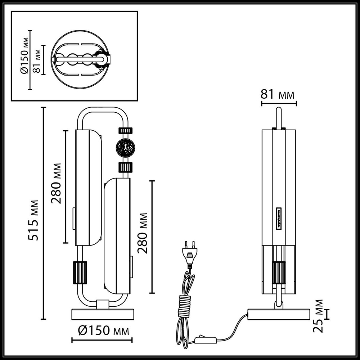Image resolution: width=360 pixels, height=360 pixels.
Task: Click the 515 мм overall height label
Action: (33, 220)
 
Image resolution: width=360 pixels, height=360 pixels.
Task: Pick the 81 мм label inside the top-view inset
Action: (36, 60)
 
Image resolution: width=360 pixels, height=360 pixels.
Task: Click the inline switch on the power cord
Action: (206, 339)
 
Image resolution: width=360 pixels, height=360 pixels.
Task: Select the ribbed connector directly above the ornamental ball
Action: (125, 131)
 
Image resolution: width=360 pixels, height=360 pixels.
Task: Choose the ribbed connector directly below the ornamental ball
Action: (125, 167)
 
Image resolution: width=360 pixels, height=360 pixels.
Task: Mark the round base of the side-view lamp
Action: (279, 314)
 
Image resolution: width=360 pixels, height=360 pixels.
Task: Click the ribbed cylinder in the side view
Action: (278, 273)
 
